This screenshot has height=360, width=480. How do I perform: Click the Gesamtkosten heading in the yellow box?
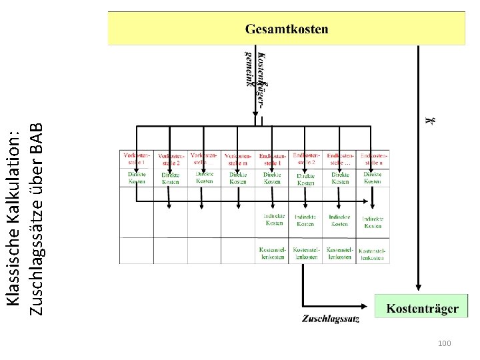tap(287, 29)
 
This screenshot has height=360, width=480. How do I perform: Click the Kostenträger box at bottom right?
tap(423, 308)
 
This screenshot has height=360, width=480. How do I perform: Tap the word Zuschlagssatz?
tap(331, 319)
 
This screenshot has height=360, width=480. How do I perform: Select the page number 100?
tap(445, 343)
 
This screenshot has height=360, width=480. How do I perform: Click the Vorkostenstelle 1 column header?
tap(136, 158)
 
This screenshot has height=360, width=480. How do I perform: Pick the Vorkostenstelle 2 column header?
tap(170, 159)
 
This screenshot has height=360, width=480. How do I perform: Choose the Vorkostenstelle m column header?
tap(238, 159)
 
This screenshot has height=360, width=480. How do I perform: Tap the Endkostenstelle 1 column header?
tap(272, 159)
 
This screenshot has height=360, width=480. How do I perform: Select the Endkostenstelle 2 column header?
tap(306, 158)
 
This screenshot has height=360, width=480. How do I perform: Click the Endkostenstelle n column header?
tap(373, 159)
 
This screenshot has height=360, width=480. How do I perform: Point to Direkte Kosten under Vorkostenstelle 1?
tap(136, 177)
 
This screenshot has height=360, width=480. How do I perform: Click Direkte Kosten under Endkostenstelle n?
tap(373, 177)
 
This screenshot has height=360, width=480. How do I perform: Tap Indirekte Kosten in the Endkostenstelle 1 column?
tap(273, 219)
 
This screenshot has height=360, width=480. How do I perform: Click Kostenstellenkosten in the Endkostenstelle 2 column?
tap(306, 253)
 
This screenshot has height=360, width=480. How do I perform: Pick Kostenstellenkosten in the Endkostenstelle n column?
tap(373, 254)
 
